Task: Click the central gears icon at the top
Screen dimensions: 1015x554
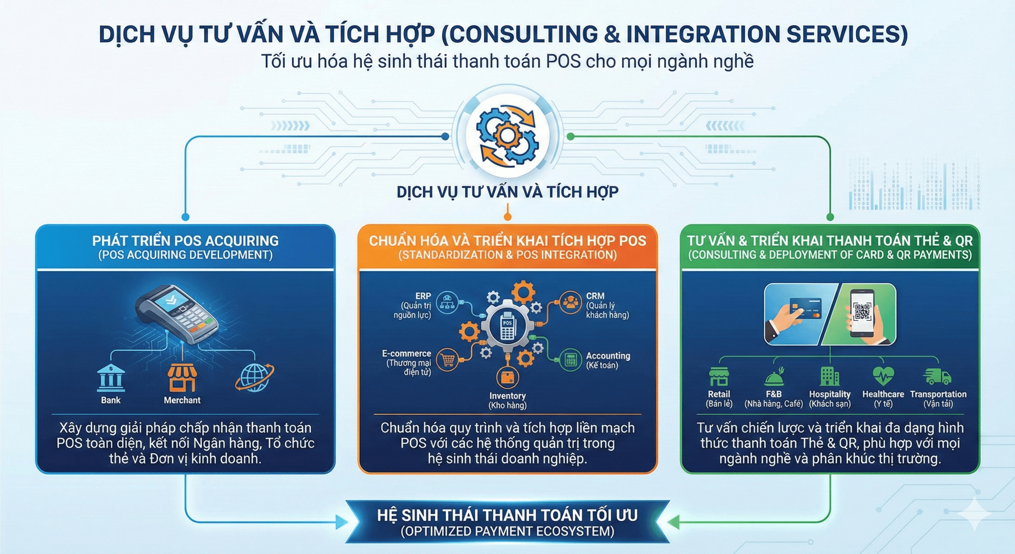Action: [x=507, y=135]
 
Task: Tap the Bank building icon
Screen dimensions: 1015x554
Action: [x=111, y=379]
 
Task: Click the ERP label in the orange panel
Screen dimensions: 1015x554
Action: [x=423, y=296]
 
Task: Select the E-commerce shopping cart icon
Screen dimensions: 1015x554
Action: [x=448, y=360]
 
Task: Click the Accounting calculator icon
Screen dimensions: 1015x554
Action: [x=571, y=360]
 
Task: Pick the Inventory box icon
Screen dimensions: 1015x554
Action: [x=507, y=378]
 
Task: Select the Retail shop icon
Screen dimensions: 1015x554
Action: [x=719, y=376]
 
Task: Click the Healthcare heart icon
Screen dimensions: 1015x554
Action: [x=883, y=376]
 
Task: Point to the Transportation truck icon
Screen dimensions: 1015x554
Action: [x=937, y=376]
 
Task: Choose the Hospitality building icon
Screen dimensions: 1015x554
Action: [x=829, y=376]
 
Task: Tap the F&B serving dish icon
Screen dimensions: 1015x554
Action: [x=774, y=377]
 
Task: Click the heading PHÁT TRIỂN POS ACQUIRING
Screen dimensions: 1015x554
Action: [x=185, y=241]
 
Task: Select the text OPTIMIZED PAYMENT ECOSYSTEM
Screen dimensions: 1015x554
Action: [x=507, y=531]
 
